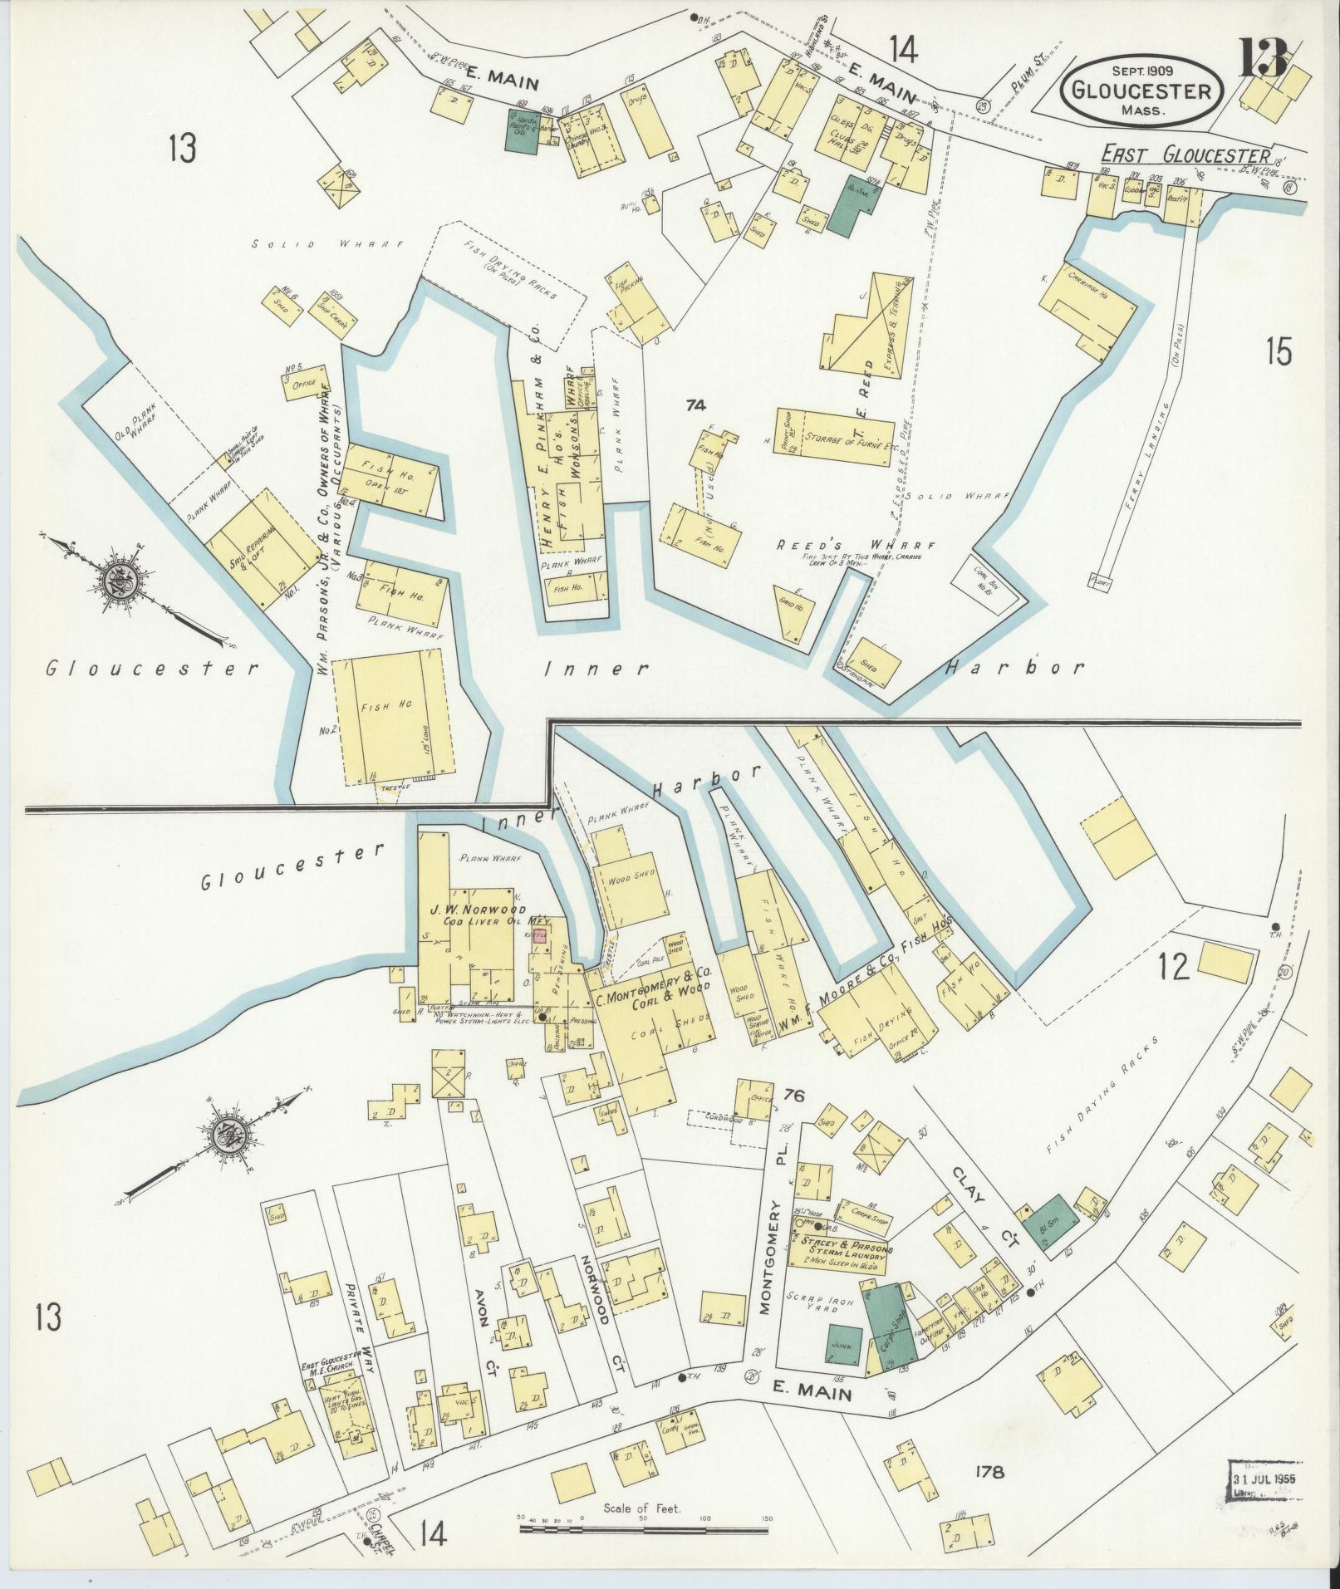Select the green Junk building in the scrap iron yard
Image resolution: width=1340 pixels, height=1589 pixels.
[845, 1344]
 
